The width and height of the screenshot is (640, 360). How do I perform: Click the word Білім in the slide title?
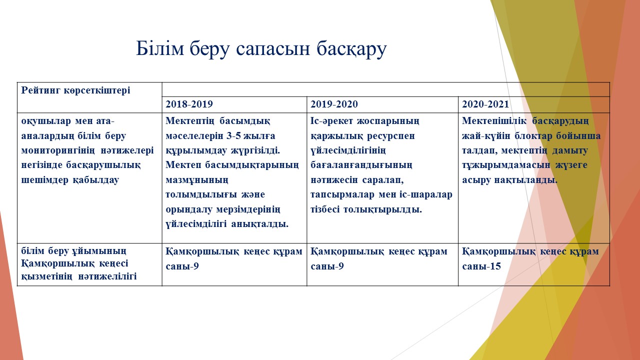click(x=160, y=48)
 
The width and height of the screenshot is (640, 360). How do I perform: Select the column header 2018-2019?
click(x=189, y=104)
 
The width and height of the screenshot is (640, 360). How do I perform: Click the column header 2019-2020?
click(x=334, y=104)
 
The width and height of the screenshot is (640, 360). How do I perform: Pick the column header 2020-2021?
click(x=485, y=104)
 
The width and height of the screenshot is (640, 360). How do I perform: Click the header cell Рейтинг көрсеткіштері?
click(x=75, y=90)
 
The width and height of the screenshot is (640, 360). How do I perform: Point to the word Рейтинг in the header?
click(x=41, y=90)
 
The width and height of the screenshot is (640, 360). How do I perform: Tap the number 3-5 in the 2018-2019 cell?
click(x=233, y=135)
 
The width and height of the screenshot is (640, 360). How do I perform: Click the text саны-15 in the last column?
click(x=481, y=266)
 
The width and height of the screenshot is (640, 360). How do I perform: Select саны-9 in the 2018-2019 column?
click(x=182, y=266)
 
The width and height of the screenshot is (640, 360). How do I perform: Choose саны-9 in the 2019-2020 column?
click(x=327, y=266)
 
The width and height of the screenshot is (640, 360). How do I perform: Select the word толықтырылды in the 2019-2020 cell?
click(x=382, y=209)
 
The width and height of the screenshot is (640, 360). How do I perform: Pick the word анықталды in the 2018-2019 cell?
click(x=259, y=224)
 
